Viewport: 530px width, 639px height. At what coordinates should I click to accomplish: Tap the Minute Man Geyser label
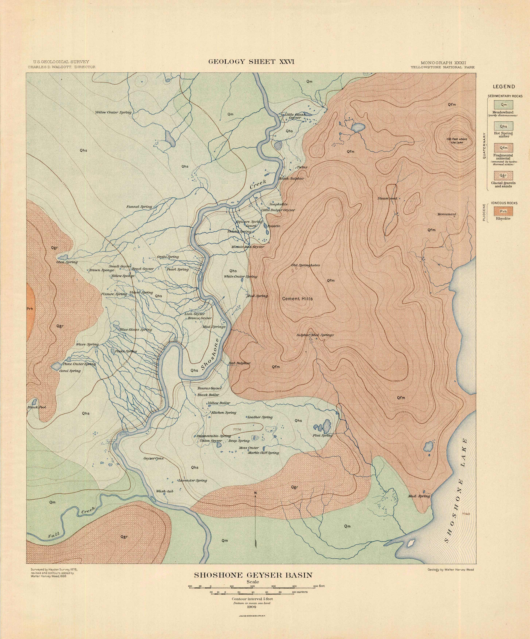[x=248, y=247]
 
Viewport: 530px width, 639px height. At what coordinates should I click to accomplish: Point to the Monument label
[x=447, y=214]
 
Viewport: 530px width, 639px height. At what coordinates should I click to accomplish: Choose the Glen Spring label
[x=67, y=262]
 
